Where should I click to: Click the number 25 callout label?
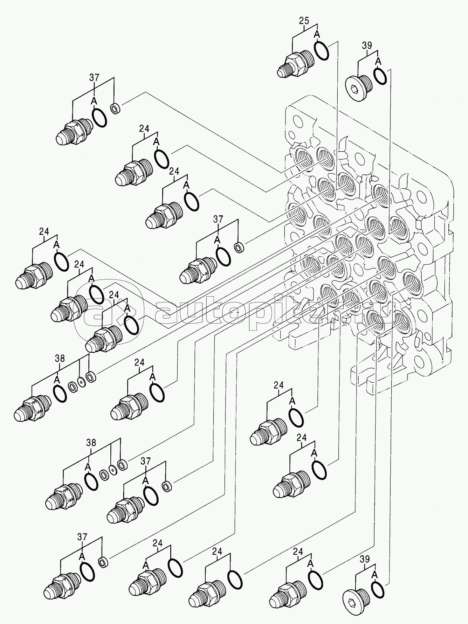pos(304,21)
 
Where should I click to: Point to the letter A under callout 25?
pos(316,34)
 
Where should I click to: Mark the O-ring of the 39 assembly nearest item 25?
pos(380,75)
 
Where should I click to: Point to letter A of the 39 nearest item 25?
pos(377,62)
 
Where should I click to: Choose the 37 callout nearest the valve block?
pos(218,219)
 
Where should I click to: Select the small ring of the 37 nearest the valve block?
pos(239,247)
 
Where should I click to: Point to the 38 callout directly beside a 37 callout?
pos(91,443)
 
